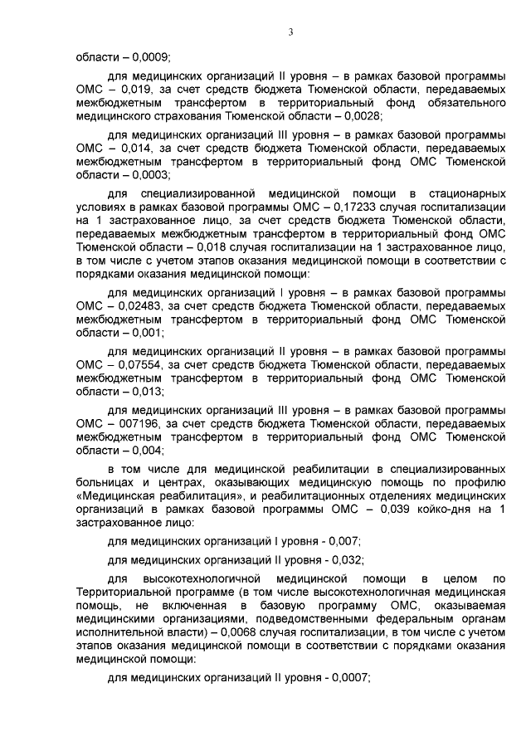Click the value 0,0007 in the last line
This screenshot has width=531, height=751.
pyautogui.click(x=349, y=676)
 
